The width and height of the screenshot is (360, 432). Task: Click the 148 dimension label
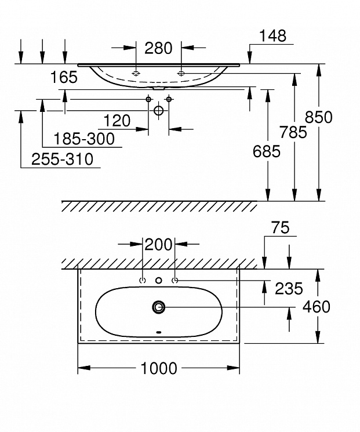(272, 36)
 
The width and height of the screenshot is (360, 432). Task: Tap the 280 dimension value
(158, 48)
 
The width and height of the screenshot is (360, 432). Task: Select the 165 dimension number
(64, 77)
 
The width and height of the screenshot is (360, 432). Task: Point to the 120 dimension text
(117, 121)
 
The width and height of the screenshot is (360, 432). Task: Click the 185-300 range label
(84, 139)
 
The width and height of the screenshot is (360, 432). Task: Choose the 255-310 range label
(63, 159)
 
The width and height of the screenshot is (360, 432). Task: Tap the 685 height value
(267, 151)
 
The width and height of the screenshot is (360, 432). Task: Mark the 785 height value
(293, 132)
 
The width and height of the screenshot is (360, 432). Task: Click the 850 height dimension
(319, 117)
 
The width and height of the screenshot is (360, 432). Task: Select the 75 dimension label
(281, 227)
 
